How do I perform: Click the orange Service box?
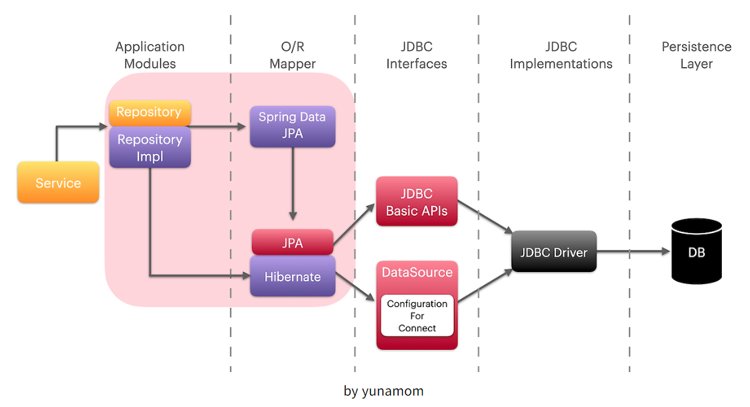[x=58, y=183]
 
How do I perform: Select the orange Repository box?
[x=149, y=112]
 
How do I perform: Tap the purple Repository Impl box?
[x=150, y=148]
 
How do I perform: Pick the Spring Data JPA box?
[x=292, y=126]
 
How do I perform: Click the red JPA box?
[x=292, y=242]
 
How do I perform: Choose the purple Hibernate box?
[x=292, y=276]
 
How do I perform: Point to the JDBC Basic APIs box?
[x=416, y=201]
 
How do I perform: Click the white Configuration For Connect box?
[x=417, y=316]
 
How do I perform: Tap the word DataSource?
[x=417, y=272]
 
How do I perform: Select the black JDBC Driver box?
[x=553, y=252]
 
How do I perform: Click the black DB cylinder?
[x=696, y=253]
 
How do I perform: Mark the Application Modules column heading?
[x=150, y=55]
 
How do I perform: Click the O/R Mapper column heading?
[x=292, y=55]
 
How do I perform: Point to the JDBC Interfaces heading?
[x=416, y=55]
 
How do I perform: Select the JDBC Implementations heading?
[x=561, y=55]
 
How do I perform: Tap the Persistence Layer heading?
[x=696, y=55]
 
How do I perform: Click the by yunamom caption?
[x=383, y=391]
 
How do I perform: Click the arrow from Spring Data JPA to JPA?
[x=293, y=185]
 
